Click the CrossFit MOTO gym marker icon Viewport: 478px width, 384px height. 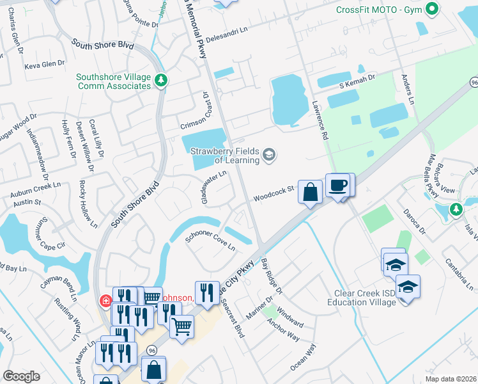431,9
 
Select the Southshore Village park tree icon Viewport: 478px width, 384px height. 162,80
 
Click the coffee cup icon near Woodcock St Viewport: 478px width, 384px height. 338,186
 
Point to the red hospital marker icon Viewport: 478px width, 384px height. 105,300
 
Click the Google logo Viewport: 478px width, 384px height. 20,376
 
